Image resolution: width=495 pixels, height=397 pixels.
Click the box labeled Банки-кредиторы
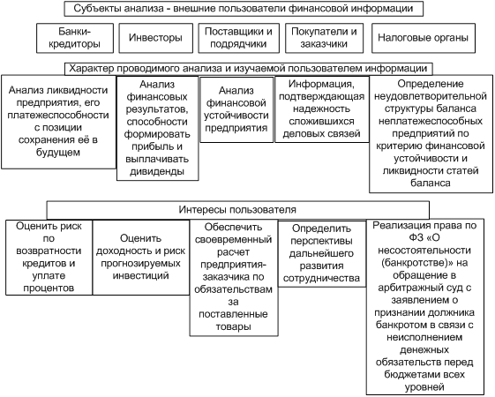(x=75, y=38)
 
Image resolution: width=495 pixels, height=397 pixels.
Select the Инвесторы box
(x=155, y=38)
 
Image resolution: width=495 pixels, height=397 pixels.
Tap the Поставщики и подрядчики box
(x=238, y=38)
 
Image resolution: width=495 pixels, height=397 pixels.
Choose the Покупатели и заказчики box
(x=324, y=38)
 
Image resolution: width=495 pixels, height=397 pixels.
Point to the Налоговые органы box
(x=423, y=38)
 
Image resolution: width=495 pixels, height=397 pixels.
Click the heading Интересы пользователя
(x=237, y=210)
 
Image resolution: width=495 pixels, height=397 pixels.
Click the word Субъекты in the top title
(x=97, y=8)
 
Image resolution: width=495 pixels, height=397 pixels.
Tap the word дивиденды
(x=157, y=171)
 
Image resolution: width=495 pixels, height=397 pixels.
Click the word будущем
(x=57, y=153)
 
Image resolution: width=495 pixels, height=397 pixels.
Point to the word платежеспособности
(x=58, y=116)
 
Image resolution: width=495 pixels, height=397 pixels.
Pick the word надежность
(x=322, y=109)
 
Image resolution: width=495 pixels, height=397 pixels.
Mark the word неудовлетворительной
(x=431, y=96)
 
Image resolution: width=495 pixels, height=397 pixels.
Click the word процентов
(x=49, y=288)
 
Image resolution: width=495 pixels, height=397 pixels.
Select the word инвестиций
(x=141, y=275)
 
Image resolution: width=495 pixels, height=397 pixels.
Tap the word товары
(x=234, y=326)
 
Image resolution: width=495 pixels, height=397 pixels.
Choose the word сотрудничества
(x=321, y=278)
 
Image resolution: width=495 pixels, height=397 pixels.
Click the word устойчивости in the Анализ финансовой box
(x=236, y=116)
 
